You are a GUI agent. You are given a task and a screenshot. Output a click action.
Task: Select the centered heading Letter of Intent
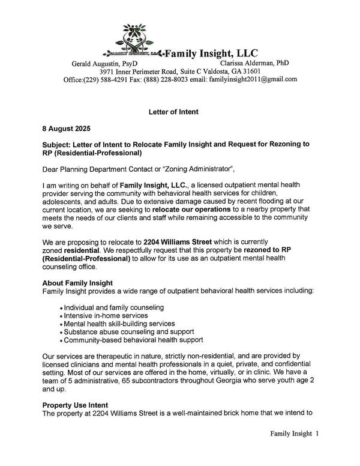(x=173, y=112)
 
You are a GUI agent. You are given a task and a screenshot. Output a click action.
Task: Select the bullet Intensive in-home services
(x=105, y=316)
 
